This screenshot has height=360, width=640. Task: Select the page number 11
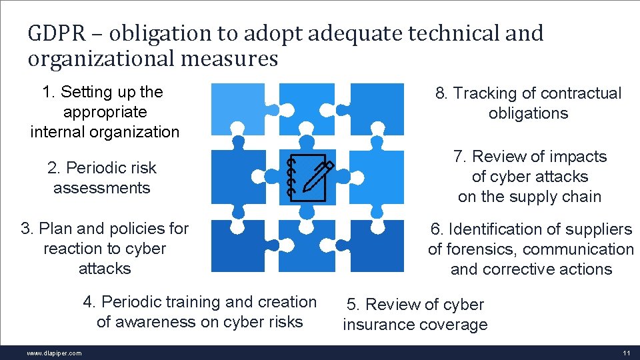625,353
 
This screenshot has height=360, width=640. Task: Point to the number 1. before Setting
48,92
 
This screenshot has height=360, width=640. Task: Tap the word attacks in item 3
105,269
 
